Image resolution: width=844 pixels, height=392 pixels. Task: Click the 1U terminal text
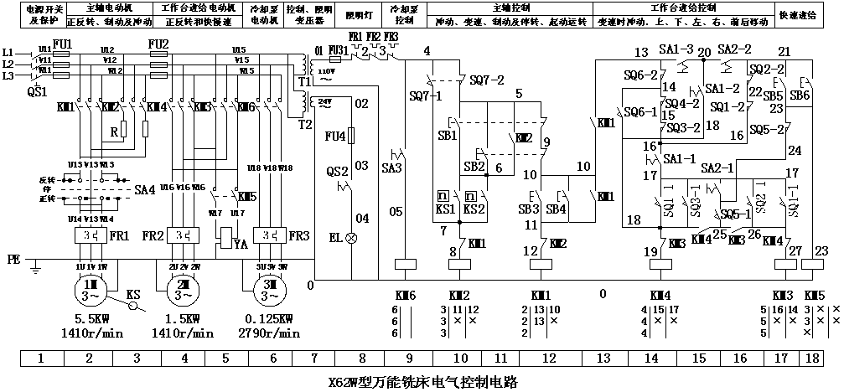coord(80,267)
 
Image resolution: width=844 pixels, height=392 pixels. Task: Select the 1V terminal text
coord(91,267)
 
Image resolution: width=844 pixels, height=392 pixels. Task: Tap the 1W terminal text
coord(102,267)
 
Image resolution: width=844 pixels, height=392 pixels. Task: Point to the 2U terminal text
coord(173,267)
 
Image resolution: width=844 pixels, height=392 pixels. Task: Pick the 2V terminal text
coord(184,267)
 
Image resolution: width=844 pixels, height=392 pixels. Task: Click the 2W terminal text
coord(194,267)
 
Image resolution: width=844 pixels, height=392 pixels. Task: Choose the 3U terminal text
coord(261,267)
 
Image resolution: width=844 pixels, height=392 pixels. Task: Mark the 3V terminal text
coord(272,267)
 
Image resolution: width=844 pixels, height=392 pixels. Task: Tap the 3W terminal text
coord(282,267)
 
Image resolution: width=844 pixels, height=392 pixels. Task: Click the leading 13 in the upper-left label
coord(79,165)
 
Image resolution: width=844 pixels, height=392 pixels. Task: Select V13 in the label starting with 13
coord(91,165)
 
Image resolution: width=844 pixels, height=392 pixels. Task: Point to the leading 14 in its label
coord(79,219)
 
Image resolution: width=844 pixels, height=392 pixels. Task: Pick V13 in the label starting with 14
coord(91,219)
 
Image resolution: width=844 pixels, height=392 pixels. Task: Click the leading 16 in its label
coord(171,188)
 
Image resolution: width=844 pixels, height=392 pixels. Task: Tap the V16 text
coord(183,188)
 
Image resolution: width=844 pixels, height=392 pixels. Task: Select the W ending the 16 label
coord(194,188)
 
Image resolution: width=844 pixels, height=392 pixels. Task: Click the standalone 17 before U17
coord(218,214)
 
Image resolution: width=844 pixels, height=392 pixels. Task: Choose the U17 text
coord(237,214)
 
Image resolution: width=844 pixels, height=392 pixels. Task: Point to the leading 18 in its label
coord(258,168)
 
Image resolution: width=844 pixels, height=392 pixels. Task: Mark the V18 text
coord(270,168)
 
